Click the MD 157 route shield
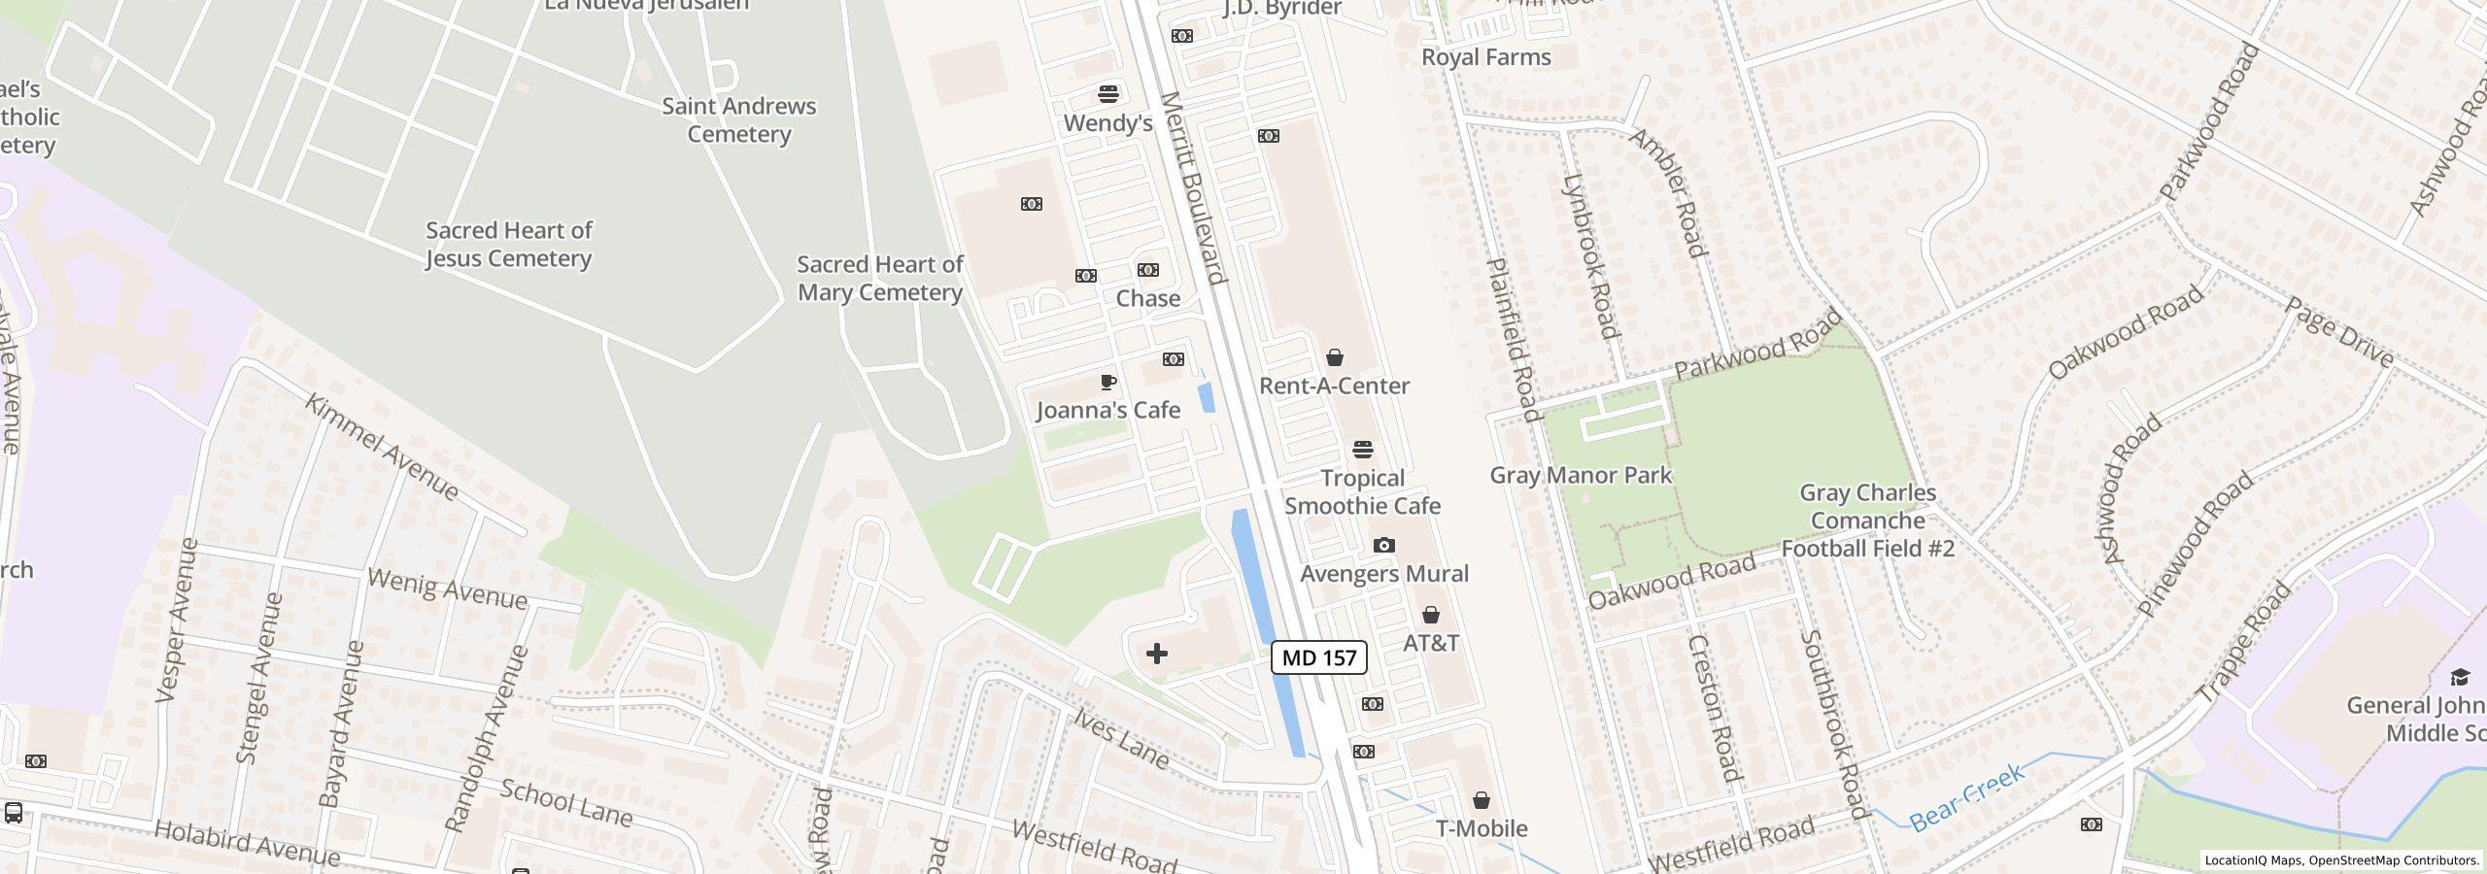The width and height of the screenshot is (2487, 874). pyautogui.click(x=1318, y=657)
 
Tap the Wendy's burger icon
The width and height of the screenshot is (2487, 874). pyautogui.click(x=1108, y=94)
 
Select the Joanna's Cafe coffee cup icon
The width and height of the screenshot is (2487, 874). pyautogui.click(x=1107, y=382)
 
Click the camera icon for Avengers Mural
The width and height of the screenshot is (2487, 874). pyautogui.click(x=1384, y=546)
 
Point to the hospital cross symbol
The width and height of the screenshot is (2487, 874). pyautogui.click(x=1156, y=654)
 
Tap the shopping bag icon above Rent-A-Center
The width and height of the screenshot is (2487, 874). pyautogui.click(x=1335, y=358)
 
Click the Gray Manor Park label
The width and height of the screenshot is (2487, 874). pyautogui.click(x=1581, y=475)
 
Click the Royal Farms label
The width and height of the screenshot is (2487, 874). pyautogui.click(x=1485, y=57)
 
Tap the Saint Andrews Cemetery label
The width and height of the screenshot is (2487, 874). pyautogui.click(x=738, y=119)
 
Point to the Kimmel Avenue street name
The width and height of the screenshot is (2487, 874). pyautogui.click(x=382, y=447)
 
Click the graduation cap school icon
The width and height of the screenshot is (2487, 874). pyautogui.click(x=2459, y=677)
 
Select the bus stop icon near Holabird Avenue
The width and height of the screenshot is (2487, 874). pyautogui.click(x=14, y=813)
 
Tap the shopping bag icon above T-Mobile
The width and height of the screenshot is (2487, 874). pyautogui.click(x=1481, y=800)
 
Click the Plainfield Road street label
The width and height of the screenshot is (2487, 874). pyautogui.click(x=1514, y=340)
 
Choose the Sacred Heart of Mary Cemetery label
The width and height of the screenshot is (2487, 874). pyautogui.click(x=879, y=278)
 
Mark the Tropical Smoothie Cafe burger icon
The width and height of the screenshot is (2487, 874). pyautogui.click(x=1363, y=450)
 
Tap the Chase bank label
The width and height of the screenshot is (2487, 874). pyautogui.click(x=1147, y=298)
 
